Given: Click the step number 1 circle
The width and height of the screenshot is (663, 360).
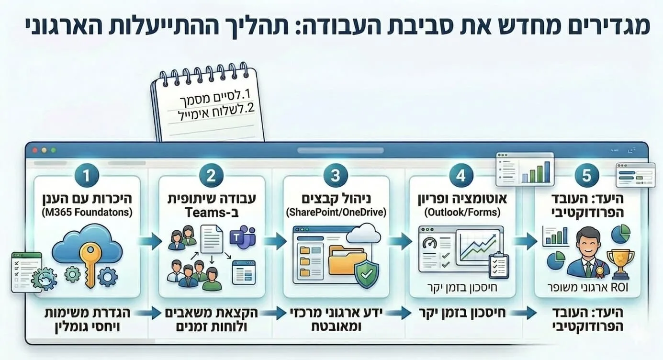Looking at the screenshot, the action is (87, 176).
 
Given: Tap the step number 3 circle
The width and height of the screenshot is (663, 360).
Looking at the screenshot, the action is (336, 176).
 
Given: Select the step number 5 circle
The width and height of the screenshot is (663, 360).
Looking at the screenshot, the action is (586, 176).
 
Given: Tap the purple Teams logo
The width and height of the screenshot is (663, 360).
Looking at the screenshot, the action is (242, 237).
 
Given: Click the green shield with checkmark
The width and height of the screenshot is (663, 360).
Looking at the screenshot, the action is (367, 274).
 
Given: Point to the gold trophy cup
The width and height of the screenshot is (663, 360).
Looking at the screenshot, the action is (620, 263).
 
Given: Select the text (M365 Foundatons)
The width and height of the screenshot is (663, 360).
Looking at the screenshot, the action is (87, 212).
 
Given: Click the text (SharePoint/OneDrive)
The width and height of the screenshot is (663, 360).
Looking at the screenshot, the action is (336, 212).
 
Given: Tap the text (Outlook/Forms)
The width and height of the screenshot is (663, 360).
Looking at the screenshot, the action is (462, 212).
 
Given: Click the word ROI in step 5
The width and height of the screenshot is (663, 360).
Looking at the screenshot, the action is (619, 287).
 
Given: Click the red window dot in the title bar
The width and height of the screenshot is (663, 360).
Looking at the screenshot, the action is (35, 150).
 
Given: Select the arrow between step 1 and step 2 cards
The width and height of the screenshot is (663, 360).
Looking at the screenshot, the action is (149, 241).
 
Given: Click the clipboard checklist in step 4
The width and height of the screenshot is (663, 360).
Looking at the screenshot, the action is (499, 265).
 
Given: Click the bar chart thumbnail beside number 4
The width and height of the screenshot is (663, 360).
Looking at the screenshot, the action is (525, 169).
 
